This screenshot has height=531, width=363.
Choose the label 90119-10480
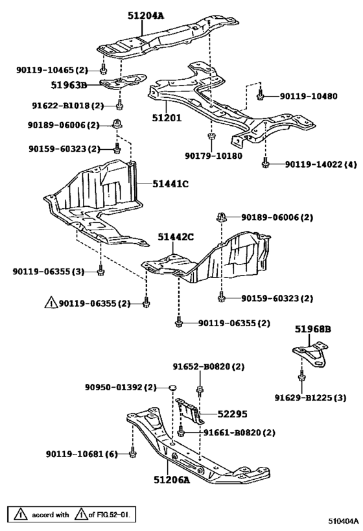308,96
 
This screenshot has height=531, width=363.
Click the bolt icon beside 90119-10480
260,95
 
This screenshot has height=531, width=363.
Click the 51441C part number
170,184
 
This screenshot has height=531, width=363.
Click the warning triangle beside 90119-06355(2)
51,303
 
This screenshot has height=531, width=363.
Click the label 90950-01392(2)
121,387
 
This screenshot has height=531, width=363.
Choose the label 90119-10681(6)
81,454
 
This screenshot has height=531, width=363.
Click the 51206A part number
172,480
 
